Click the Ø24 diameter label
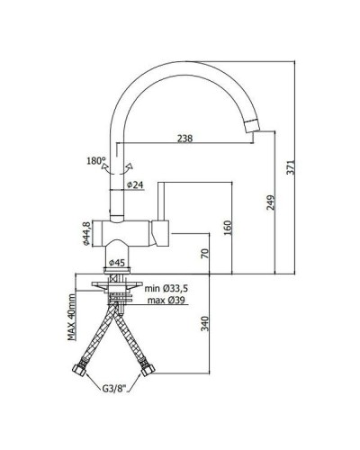tap(134, 184)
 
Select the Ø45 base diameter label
tap(116, 263)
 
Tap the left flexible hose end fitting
tap(79, 369)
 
